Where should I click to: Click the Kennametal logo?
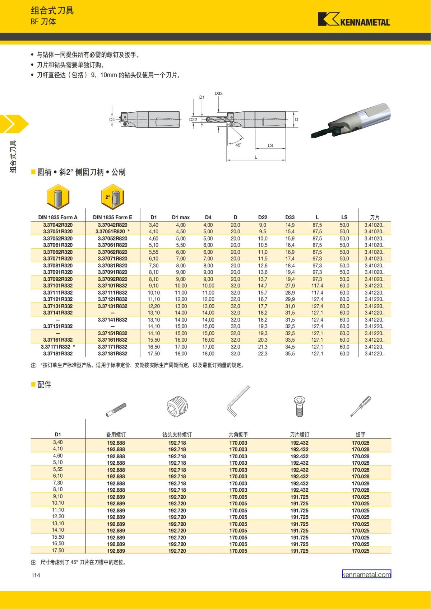(354, 19)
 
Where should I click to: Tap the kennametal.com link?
(366, 575)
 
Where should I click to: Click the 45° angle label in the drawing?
(238, 145)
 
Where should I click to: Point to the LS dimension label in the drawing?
(270, 145)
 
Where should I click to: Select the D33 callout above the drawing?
(218, 94)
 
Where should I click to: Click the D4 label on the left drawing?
(112, 120)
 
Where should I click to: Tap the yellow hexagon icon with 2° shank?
(112, 197)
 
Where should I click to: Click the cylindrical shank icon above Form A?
(58, 197)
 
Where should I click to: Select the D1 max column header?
(181, 217)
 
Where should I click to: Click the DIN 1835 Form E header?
(112, 217)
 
